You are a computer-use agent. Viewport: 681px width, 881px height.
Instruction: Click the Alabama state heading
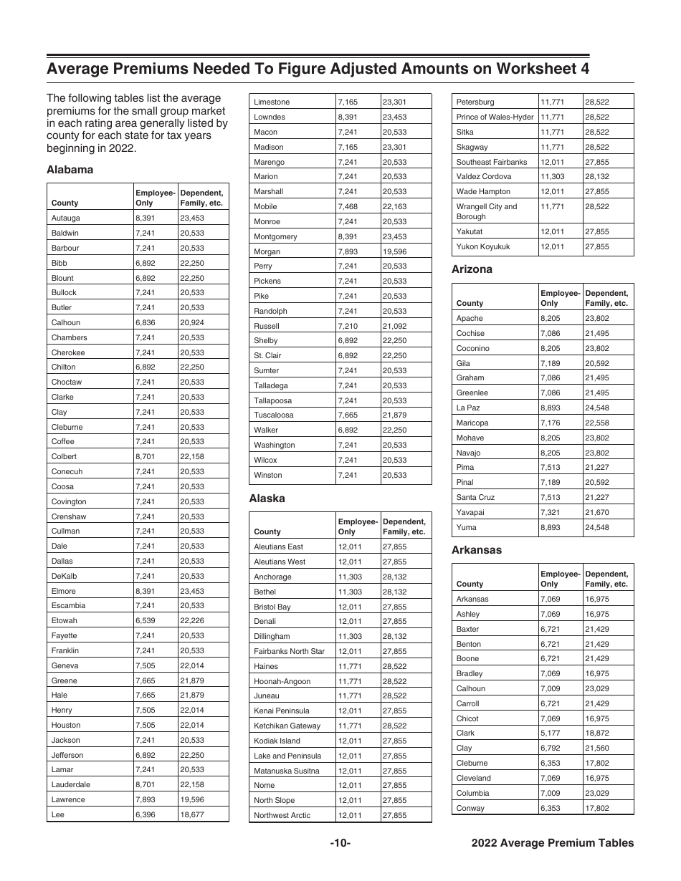click(70, 170)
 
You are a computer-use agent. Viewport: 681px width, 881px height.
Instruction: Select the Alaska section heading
click(267, 499)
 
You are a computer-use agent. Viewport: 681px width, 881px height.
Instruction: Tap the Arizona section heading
click(472, 269)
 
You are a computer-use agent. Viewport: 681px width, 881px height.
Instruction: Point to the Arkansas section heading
click(476, 550)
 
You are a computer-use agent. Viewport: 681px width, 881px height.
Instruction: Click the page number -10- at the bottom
click(340, 843)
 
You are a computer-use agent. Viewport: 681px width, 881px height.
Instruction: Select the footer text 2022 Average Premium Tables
click(552, 843)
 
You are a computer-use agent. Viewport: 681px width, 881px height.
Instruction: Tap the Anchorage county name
click(272, 577)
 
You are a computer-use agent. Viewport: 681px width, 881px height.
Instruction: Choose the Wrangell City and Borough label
click(486, 211)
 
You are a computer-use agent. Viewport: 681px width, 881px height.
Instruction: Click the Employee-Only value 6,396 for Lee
click(145, 814)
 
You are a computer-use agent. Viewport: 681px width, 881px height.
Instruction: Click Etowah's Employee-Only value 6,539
click(145, 620)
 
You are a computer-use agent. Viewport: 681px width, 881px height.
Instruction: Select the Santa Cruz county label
click(475, 497)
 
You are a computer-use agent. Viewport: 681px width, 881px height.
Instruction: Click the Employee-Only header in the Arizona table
click(559, 298)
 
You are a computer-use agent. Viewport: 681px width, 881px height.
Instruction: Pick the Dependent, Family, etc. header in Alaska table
click(404, 526)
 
